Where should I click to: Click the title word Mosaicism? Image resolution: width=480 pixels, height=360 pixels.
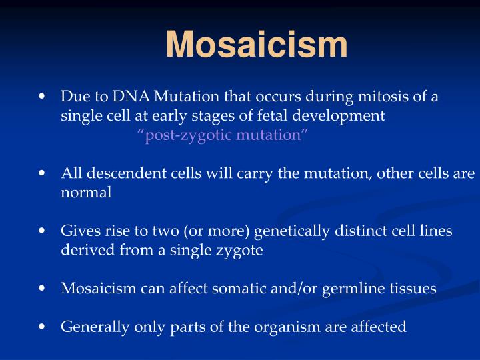257,45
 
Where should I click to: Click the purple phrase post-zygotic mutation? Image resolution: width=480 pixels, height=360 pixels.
223,135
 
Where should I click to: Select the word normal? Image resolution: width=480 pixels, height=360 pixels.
86,193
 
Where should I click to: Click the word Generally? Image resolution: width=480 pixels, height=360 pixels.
91,327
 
